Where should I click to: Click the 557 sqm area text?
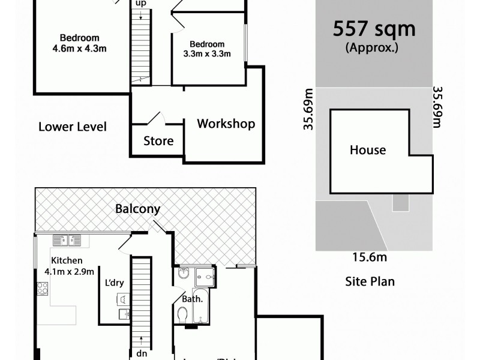(x=374, y=29)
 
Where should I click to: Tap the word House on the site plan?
(x=368, y=150)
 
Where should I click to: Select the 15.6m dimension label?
(x=369, y=257)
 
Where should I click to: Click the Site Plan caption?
(x=370, y=281)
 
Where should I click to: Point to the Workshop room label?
(x=226, y=124)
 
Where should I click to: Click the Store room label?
(x=158, y=142)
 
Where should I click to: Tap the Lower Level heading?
(x=72, y=127)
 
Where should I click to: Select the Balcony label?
(x=138, y=209)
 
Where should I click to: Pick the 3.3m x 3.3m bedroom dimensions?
(x=207, y=54)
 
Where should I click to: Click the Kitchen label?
(x=66, y=261)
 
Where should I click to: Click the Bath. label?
(x=193, y=298)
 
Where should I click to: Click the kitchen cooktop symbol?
(x=43, y=289)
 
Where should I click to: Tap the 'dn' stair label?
(x=142, y=353)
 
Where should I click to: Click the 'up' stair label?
(x=141, y=4)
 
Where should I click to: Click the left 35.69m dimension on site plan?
(x=308, y=109)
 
